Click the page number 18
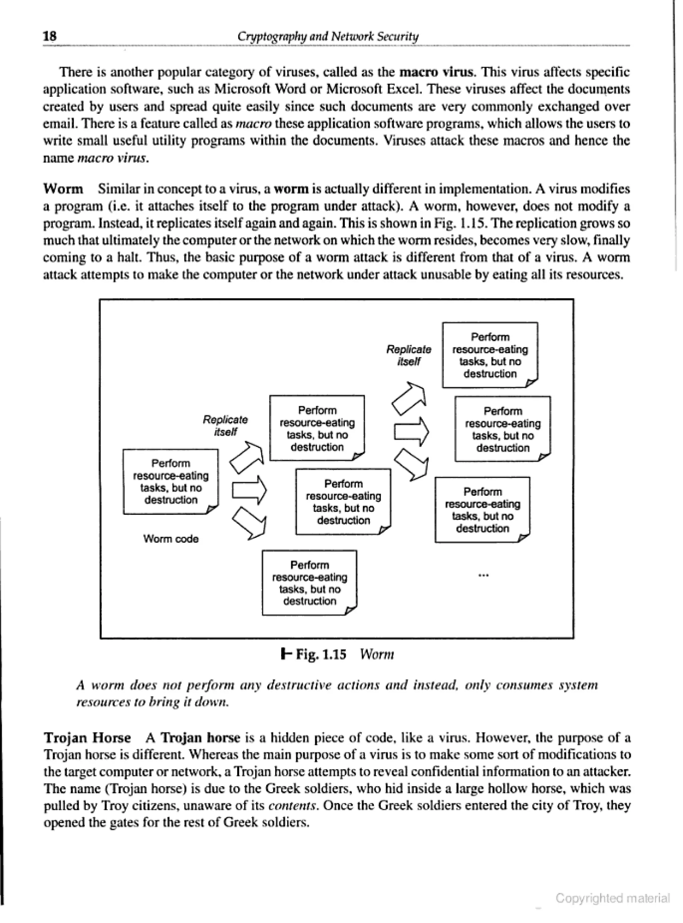click(x=50, y=36)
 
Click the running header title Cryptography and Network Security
click(x=328, y=37)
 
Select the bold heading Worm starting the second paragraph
click(x=63, y=189)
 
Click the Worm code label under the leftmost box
click(x=171, y=539)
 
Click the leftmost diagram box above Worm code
click(x=170, y=482)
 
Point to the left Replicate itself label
click(x=225, y=426)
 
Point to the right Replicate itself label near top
click(x=409, y=356)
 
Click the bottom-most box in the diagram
click(x=309, y=583)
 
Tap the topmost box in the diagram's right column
click(x=490, y=355)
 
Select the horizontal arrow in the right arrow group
click(x=411, y=432)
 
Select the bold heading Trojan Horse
click(x=87, y=738)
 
